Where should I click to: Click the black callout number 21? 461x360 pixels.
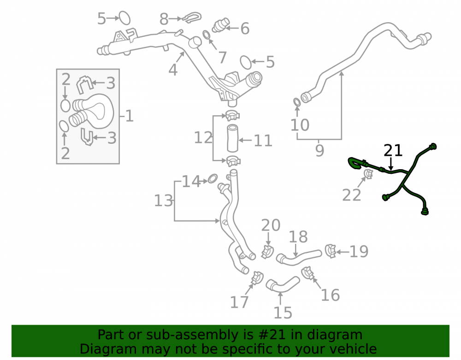point(393,150)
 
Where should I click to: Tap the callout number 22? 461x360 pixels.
point(352,195)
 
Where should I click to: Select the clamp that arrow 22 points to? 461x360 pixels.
point(368,174)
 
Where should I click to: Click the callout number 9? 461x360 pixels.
point(319,150)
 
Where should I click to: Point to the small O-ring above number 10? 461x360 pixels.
point(297,102)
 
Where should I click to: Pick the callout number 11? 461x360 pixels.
point(263,141)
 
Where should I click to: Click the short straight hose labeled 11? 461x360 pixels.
point(232,138)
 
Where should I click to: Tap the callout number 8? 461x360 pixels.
point(164,19)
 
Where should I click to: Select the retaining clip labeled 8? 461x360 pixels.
point(192,17)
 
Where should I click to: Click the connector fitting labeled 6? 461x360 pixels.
point(221,25)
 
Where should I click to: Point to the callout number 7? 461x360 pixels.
point(223,58)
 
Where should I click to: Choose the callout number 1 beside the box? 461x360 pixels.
point(130,116)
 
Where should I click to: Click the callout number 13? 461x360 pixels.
point(164,201)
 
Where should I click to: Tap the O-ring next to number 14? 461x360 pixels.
point(213,178)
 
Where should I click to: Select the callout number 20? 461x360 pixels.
point(271,225)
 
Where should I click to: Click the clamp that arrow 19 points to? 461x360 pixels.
point(331,251)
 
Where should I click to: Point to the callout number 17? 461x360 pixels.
point(239,302)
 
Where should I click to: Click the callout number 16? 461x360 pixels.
point(330,295)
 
